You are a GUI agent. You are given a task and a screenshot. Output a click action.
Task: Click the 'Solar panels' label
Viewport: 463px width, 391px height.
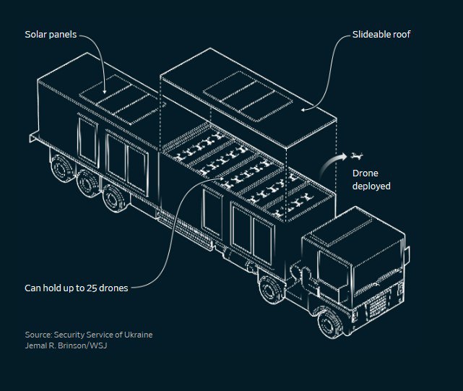click(x=51, y=35)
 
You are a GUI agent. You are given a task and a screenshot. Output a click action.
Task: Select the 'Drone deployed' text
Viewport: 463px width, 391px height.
click(x=371, y=180)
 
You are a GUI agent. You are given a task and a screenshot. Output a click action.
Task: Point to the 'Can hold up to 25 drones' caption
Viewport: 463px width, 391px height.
click(x=77, y=288)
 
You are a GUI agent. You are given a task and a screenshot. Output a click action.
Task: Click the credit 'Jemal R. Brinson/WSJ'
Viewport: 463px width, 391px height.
click(x=66, y=345)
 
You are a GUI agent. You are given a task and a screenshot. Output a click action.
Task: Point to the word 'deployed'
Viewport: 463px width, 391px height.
click(x=371, y=186)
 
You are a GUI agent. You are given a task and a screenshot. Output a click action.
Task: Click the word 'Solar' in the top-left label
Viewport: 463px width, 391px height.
click(x=36, y=35)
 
